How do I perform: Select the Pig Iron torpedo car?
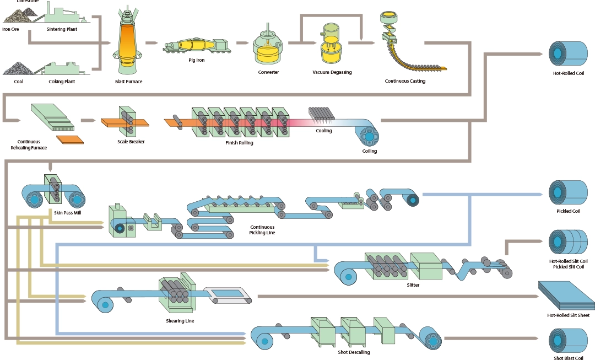(x=196, y=47)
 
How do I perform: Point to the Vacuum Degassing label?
(x=332, y=72)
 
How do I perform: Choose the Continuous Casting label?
(x=405, y=81)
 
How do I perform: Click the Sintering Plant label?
(x=62, y=29)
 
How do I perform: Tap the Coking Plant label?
(x=62, y=82)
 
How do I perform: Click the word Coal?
(x=19, y=82)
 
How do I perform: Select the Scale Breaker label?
(x=131, y=141)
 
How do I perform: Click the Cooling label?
(x=324, y=131)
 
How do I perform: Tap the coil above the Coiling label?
(x=366, y=135)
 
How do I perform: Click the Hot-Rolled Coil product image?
(x=568, y=53)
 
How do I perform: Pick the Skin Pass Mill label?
(x=52, y=212)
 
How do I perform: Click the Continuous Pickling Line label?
(x=262, y=229)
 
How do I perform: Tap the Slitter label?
(x=413, y=285)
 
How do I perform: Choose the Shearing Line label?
(x=180, y=320)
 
